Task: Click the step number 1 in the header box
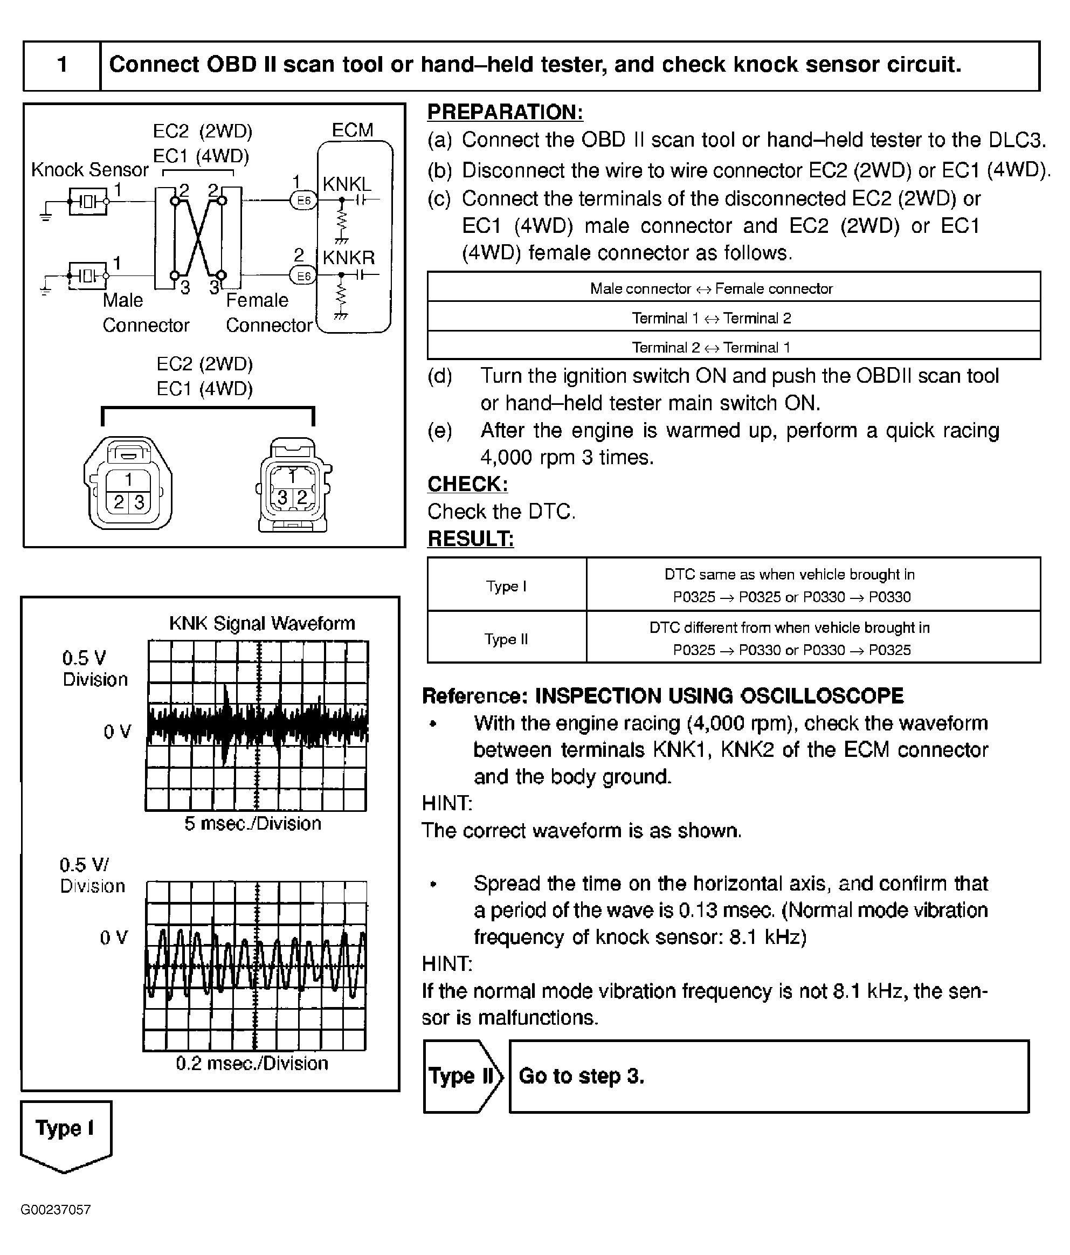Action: (x=62, y=65)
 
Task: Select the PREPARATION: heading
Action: (x=505, y=113)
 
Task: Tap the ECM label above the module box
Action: (x=353, y=130)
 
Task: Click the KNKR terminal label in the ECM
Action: (x=348, y=258)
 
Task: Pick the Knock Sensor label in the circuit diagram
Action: (x=89, y=170)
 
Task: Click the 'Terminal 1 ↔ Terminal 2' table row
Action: (x=711, y=318)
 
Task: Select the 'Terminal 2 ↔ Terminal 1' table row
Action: (x=711, y=348)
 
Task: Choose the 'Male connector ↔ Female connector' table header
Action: (x=711, y=289)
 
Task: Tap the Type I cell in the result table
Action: (x=506, y=585)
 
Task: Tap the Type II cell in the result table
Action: (x=506, y=639)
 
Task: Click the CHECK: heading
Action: (x=467, y=484)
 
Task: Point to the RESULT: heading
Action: (x=471, y=539)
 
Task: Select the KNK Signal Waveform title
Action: (x=261, y=623)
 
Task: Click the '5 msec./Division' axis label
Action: (x=252, y=824)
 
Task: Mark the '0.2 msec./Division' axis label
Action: (x=252, y=1064)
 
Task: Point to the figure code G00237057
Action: (x=56, y=1210)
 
